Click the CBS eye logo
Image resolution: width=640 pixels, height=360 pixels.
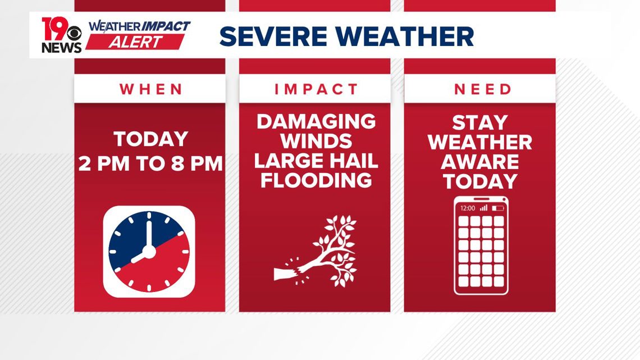[x=75, y=33]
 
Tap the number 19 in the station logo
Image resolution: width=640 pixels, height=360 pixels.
[x=54, y=29]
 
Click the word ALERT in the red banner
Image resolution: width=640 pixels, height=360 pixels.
[x=135, y=42]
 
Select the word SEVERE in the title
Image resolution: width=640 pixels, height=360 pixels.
[x=273, y=37]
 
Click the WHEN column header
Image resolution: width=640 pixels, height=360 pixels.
[x=150, y=89]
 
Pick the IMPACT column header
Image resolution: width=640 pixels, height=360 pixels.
[x=316, y=89]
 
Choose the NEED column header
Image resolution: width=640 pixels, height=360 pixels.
[x=482, y=89]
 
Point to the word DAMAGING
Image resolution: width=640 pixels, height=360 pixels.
[x=316, y=122]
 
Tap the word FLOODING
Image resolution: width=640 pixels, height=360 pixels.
[x=316, y=180]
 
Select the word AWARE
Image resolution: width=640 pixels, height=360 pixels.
[x=479, y=162]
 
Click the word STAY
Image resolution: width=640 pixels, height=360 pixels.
[x=479, y=122]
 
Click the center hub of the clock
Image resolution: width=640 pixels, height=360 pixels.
[x=149, y=252]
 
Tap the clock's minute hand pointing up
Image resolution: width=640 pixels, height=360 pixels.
[x=149, y=234]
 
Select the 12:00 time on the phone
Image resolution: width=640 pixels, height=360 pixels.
[x=468, y=208]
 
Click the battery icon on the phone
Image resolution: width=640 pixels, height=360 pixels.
[x=497, y=208]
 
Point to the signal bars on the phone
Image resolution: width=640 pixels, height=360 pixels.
[x=484, y=208]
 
